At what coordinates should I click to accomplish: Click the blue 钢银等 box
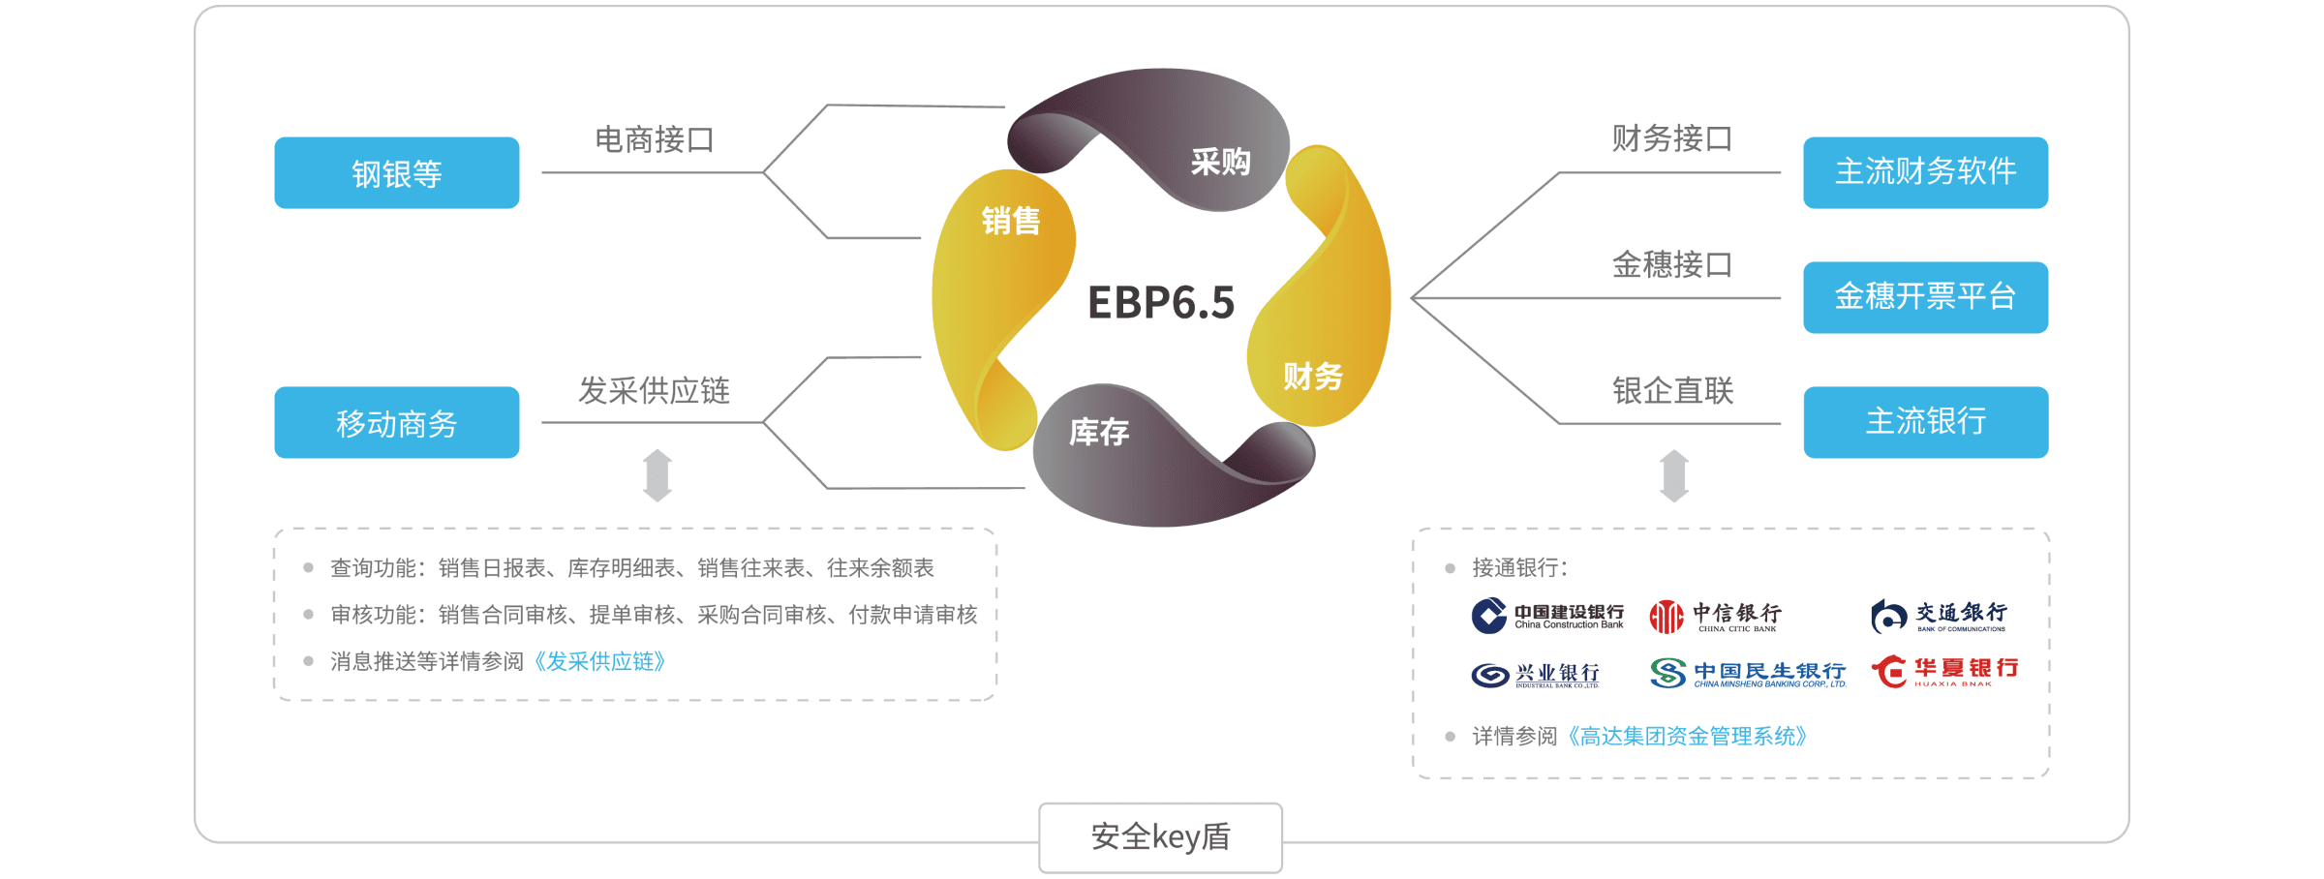coord(396,172)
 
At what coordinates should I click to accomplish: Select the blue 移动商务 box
coord(396,422)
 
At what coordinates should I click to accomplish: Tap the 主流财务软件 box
coord(1925,172)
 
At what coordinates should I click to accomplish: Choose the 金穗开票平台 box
coord(1925,297)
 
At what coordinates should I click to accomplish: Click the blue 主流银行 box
coord(1925,422)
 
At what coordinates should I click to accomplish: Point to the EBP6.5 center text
coord(1161,302)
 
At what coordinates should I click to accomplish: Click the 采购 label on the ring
coord(1220,162)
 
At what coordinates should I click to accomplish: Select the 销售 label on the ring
coord(1011,221)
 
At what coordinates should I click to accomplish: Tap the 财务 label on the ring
coord(1313,376)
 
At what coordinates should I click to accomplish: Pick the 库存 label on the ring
coord(1099,432)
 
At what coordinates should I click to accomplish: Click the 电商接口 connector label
coord(655,139)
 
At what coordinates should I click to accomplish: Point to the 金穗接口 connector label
coord(1672,264)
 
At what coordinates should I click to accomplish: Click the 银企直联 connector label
coord(1672,390)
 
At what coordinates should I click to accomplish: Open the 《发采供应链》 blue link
coord(599,661)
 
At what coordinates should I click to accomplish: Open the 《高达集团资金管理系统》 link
coord(1687,737)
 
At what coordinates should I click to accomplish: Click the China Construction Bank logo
coord(1547,616)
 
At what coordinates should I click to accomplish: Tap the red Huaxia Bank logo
coord(1944,671)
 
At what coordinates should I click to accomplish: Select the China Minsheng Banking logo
coord(1748,673)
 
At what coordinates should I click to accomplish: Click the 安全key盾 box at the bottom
coord(1160,836)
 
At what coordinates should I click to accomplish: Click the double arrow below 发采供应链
coord(657,475)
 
